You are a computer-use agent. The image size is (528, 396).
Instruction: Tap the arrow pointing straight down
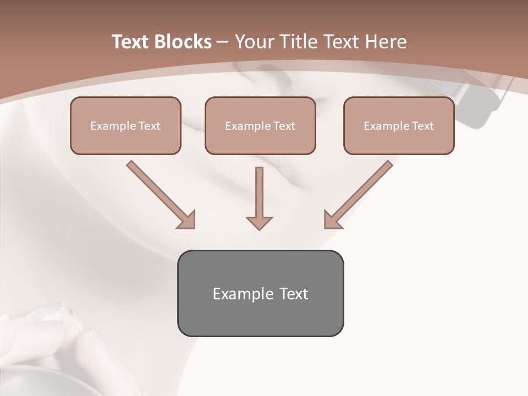259,193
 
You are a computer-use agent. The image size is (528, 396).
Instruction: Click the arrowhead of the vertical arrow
259,223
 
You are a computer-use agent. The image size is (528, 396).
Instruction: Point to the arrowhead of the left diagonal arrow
187,220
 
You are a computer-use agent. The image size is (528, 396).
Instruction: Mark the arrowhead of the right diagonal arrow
332,220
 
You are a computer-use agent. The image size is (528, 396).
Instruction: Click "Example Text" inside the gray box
260,294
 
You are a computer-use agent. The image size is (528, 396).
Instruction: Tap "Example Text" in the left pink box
125,126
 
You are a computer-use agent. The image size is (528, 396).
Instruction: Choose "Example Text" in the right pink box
399,126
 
